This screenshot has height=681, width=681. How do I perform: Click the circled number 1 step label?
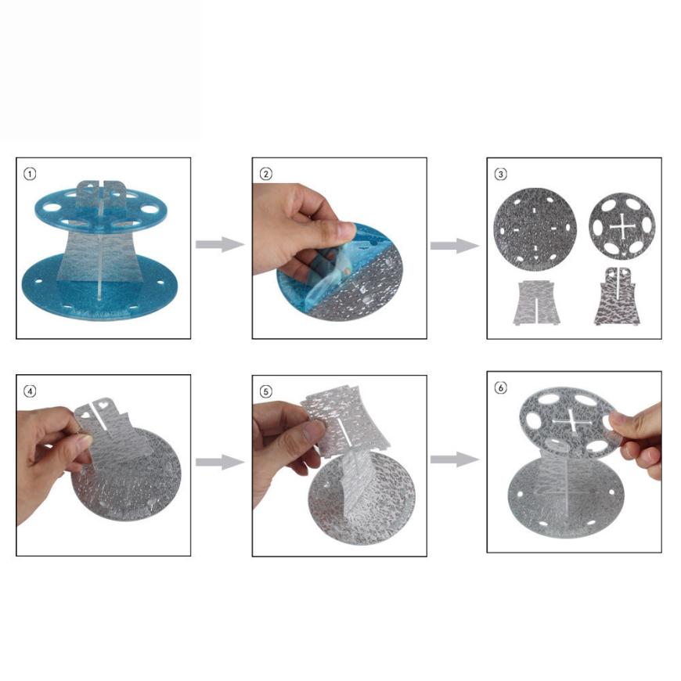[30, 175]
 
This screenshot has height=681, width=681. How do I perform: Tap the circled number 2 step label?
[266, 175]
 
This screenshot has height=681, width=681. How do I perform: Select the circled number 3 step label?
[501, 175]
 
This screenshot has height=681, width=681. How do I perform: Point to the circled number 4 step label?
[30, 391]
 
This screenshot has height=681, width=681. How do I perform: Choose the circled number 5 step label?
[266, 391]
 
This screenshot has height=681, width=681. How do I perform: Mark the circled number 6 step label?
[501, 387]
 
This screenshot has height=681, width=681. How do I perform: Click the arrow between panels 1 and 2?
[220, 244]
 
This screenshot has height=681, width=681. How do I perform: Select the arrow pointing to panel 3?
[455, 246]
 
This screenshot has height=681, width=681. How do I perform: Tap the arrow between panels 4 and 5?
[220, 462]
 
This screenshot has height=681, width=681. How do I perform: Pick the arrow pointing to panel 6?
[455, 459]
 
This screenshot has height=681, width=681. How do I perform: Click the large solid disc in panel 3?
[535, 229]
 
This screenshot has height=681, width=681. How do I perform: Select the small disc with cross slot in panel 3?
[622, 227]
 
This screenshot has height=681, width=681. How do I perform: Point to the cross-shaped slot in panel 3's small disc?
[622, 227]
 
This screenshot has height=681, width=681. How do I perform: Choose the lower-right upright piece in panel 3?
[617, 296]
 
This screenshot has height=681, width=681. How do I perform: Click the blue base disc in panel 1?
[100, 286]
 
